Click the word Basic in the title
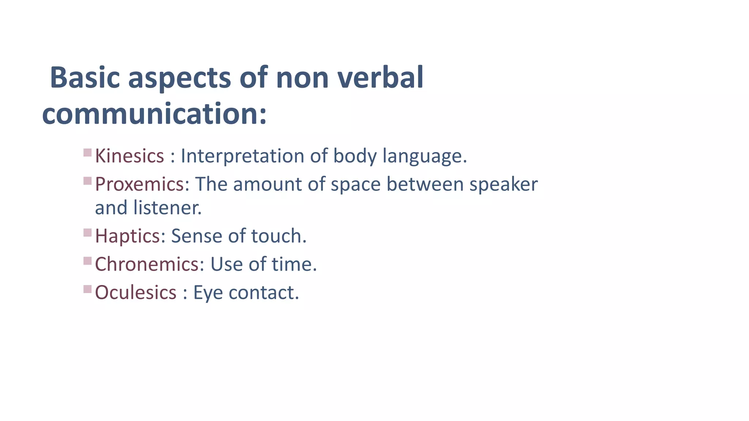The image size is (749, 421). tap(85, 77)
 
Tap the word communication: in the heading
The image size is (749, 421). tap(154, 114)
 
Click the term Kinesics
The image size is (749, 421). tap(129, 156)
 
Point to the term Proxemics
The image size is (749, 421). tap(139, 184)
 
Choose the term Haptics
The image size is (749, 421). tap(127, 236)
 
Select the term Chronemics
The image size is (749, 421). tap(147, 264)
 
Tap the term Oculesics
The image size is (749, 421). tap(136, 293)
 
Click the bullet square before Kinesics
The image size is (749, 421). tap(87, 152)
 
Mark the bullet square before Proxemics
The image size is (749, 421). tap(87, 181)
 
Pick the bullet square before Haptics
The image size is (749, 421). tap(87, 232)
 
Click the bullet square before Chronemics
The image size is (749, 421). tap(87, 261)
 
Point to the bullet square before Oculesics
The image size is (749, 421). tap(87, 289)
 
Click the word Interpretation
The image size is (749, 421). tap(242, 156)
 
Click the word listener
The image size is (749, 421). tap(167, 208)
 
